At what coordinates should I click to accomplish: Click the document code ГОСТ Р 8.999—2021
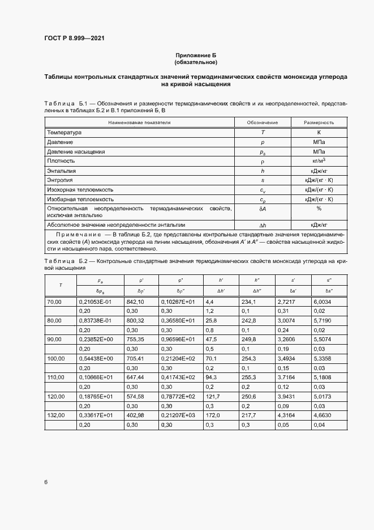coord(74,39)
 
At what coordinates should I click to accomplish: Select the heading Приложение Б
coord(196,55)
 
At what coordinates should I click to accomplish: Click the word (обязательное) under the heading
coord(196,62)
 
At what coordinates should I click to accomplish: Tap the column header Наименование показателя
coord(139,122)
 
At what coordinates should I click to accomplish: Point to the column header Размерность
coord(319,122)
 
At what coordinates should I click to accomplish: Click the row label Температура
coord(65,132)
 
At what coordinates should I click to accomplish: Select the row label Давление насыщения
coord(76,152)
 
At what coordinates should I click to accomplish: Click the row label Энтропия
coord(61,180)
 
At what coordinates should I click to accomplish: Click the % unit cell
coord(319,209)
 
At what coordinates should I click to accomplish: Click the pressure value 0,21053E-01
coord(96,302)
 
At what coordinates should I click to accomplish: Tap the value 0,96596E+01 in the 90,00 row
coord(178,339)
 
